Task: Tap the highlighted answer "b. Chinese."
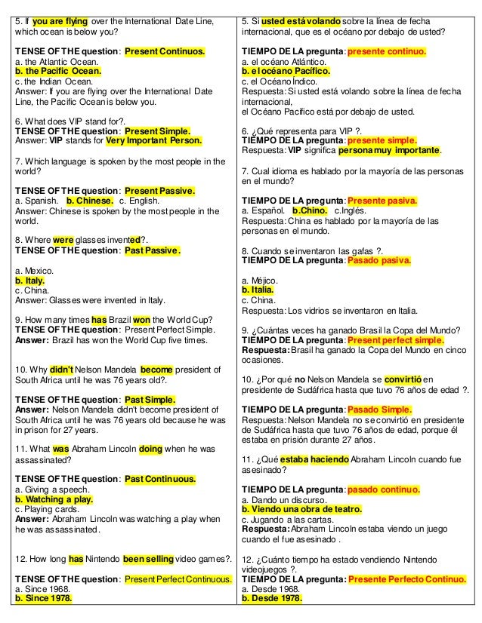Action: [90, 201]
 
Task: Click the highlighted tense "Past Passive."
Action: [153, 250]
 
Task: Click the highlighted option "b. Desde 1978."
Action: [272, 600]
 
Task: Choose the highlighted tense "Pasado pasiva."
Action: [378, 260]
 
